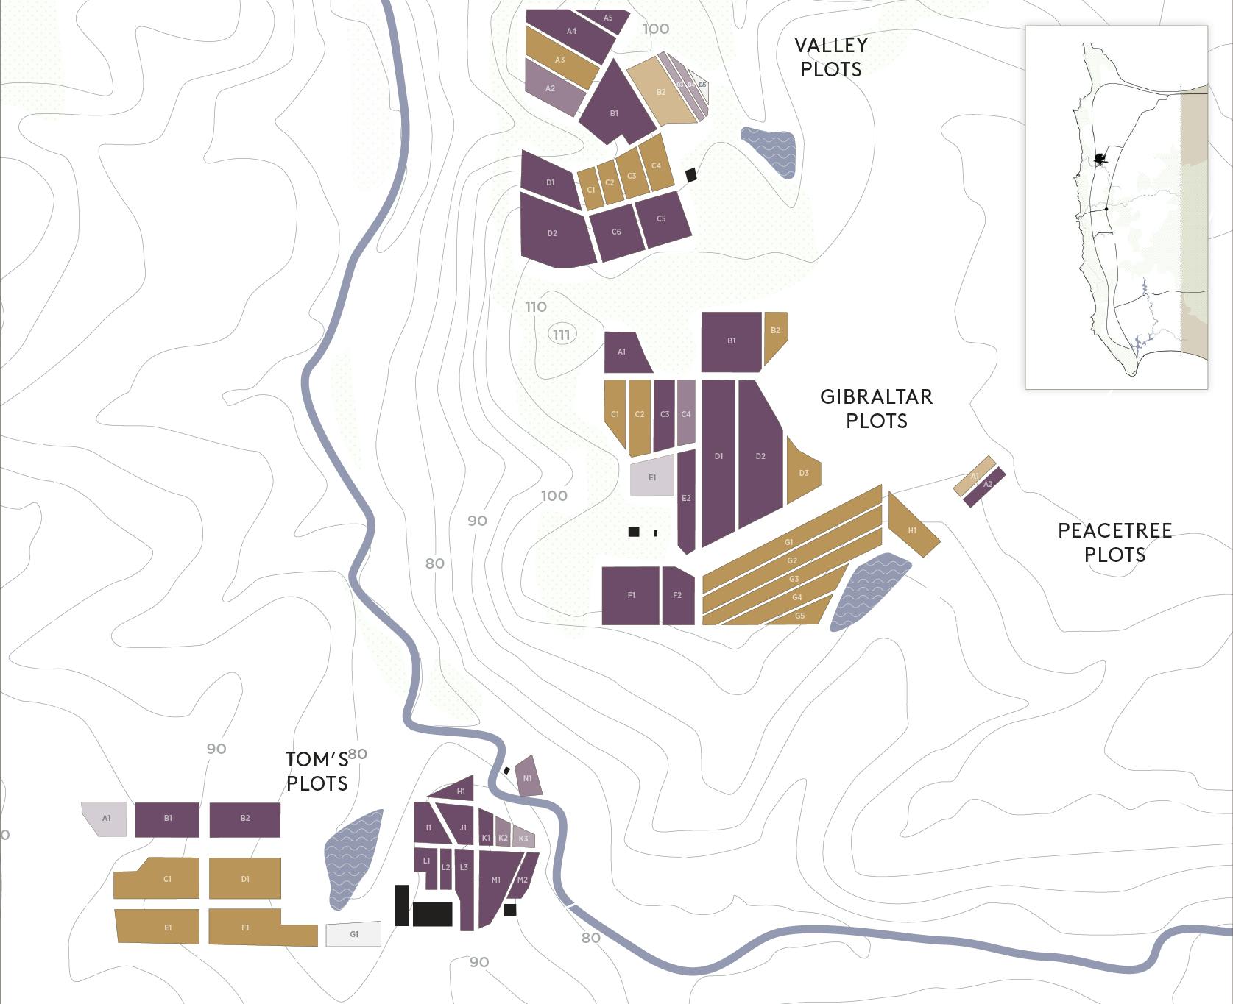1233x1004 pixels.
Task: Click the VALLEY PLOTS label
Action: point(831,57)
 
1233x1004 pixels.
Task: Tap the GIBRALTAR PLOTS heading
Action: point(876,408)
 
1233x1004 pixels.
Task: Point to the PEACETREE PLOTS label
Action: point(1114,542)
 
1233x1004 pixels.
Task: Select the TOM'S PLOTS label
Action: point(317,771)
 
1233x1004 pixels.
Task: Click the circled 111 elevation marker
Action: point(561,335)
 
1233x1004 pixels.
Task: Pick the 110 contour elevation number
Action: point(536,307)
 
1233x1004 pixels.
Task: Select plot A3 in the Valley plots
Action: point(561,60)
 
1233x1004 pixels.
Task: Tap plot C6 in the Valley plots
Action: point(616,232)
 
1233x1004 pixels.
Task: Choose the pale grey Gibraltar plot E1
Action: point(652,477)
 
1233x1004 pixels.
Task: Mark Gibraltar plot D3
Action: point(802,472)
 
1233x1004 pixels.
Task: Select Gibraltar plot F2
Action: point(678,596)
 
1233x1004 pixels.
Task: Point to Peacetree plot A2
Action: point(986,485)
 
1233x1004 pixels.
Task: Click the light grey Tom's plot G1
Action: point(354,934)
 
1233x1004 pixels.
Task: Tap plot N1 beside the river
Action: point(528,777)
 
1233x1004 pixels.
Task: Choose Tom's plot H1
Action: point(456,789)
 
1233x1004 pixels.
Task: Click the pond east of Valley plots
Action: point(770,151)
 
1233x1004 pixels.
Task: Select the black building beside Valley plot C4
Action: point(690,175)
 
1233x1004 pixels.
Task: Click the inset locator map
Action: point(1116,207)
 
